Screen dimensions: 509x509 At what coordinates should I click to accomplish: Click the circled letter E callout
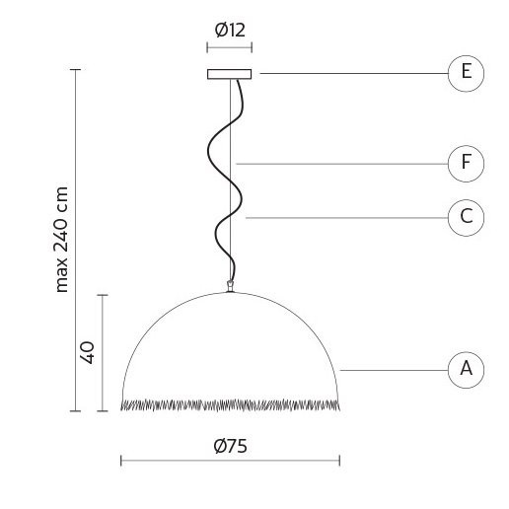(x=466, y=73)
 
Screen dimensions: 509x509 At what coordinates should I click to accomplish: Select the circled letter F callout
(x=466, y=164)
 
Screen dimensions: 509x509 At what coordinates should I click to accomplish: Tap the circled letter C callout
(x=466, y=218)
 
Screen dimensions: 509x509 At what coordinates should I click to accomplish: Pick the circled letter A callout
(x=466, y=370)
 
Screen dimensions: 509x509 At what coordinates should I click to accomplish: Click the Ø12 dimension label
(x=230, y=30)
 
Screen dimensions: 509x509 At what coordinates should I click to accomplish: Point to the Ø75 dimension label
(x=230, y=446)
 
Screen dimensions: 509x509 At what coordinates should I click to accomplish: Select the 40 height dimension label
(x=88, y=352)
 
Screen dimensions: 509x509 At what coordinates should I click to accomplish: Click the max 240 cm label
(x=61, y=240)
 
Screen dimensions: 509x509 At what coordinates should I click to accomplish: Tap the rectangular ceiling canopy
(x=230, y=74)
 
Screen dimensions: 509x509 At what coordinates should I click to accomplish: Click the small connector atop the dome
(x=230, y=286)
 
